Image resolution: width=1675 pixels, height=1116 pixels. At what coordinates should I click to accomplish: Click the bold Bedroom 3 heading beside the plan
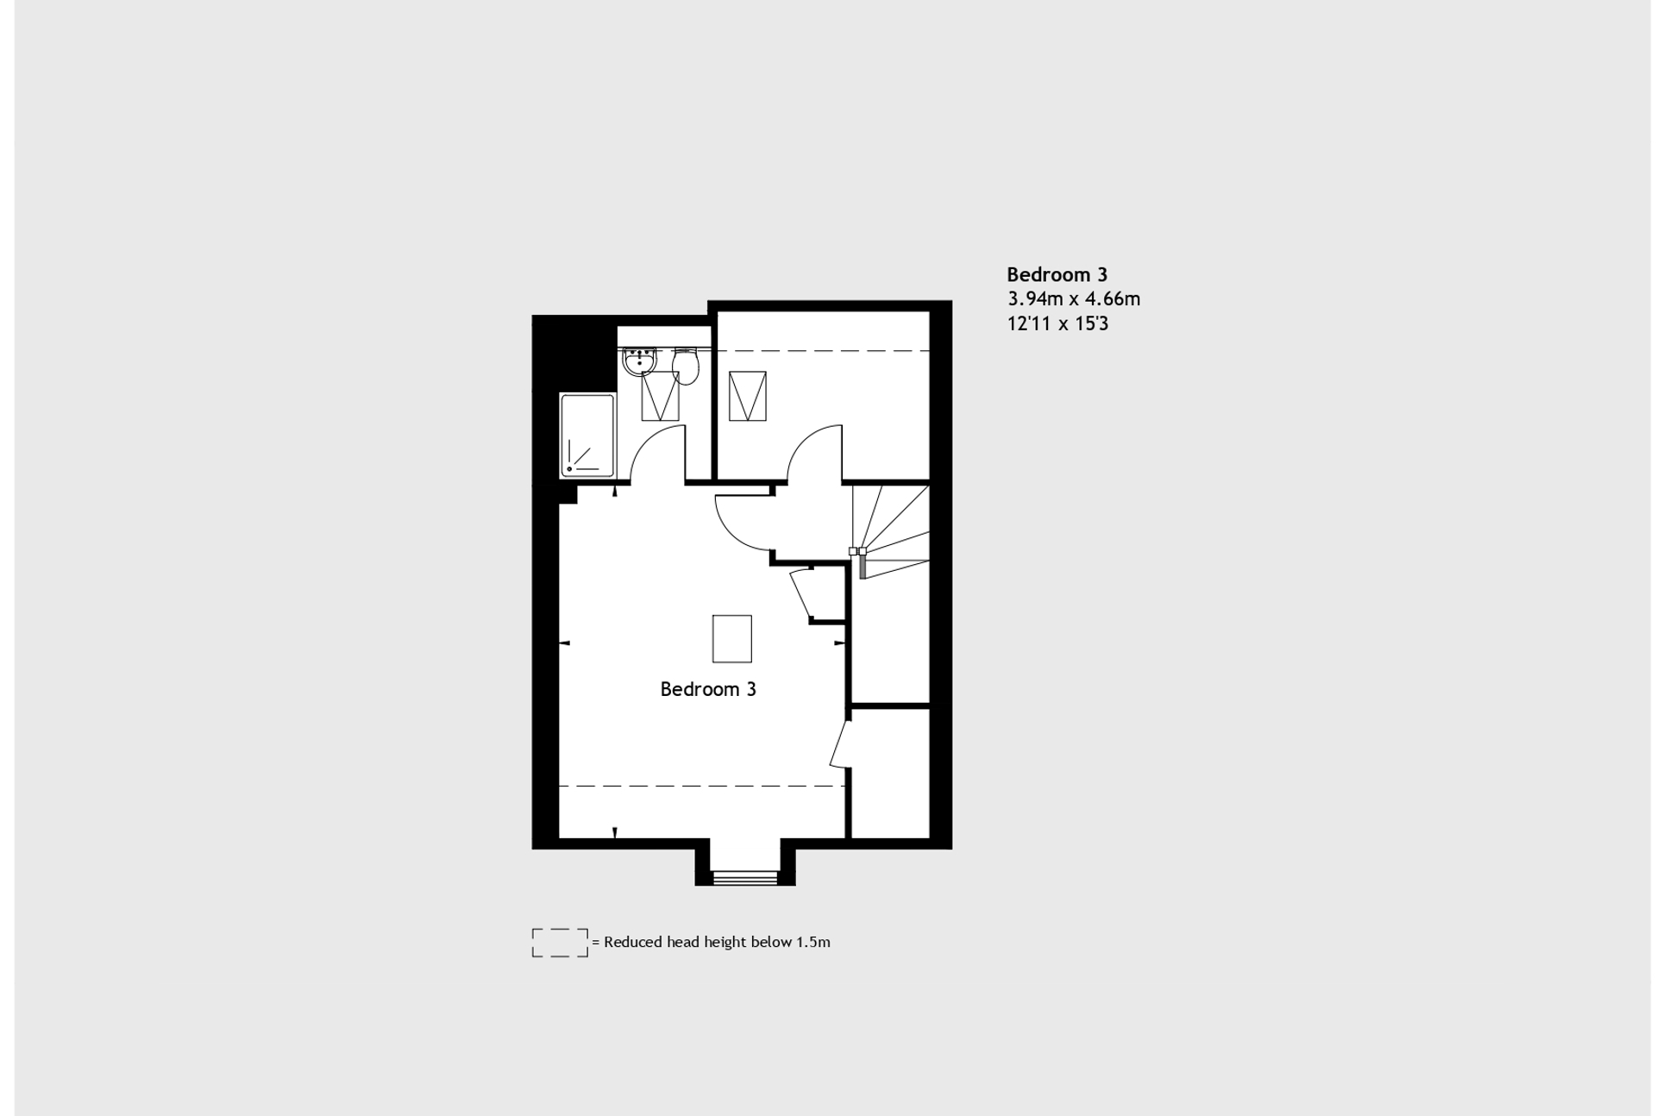click(1057, 275)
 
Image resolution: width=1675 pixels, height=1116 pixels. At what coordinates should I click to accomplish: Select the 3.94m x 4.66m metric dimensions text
click(1074, 299)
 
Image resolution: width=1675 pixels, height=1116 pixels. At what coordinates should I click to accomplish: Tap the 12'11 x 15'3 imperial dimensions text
click(1057, 324)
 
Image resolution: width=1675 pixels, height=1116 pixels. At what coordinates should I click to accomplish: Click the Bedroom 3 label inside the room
click(708, 689)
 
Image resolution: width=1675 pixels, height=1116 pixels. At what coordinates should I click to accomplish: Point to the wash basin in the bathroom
click(639, 361)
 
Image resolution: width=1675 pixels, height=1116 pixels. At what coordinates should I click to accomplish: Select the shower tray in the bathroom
click(587, 436)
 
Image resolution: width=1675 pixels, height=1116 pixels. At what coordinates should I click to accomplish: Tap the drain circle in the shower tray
click(569, 469)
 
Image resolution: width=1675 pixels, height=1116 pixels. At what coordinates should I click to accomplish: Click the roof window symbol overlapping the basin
click(660, 396)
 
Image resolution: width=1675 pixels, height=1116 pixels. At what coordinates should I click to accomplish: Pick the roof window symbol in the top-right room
click(747, 396)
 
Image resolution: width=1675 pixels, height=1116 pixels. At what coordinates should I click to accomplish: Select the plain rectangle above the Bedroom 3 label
click(731, 639)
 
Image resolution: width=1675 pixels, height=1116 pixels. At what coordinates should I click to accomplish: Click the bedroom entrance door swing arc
click(730, 532)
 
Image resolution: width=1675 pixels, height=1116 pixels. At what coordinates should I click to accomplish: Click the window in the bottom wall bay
click(745, 878)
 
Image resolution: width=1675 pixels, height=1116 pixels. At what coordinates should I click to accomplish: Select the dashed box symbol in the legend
click(560, 943)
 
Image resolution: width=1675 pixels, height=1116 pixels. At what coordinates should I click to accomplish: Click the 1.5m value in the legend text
click(813, 942)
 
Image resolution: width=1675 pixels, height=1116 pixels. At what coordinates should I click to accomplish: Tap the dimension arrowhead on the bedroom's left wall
click(565, 643)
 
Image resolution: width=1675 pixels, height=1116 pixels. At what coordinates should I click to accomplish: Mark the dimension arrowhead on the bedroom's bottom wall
click(615, 833)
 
